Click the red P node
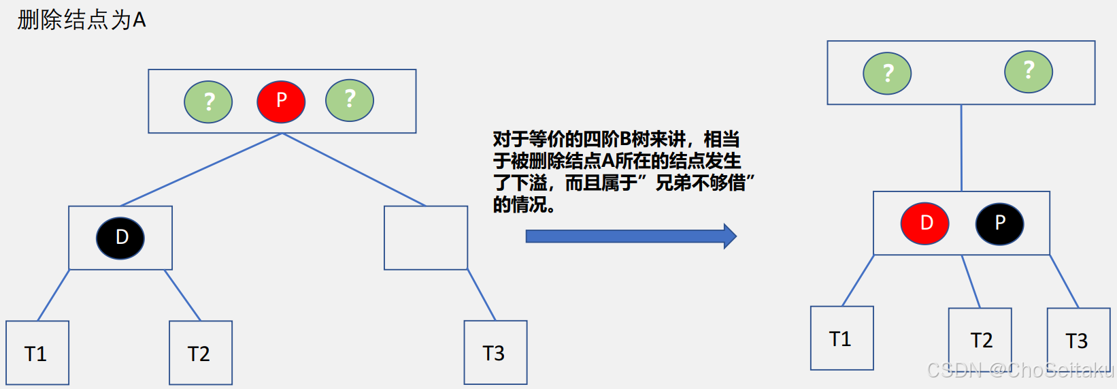tap(281, 101)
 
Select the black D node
tap(120, 238)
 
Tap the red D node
tap(924, 223)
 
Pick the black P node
tap(999, 223)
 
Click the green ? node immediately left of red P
tap(208, 102)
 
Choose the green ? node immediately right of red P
tap(350, 100)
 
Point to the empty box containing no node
tap(426, 238)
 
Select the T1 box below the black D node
tap(37, 353)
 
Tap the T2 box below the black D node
tap(201, 353)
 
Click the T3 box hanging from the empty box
tap(495, 352)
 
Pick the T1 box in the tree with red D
tap(841, 338)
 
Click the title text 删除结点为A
tap(82, 20)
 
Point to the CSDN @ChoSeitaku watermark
tap(1020, 370)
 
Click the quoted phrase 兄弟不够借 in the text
tap(700, 183)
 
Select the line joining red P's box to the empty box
tap(354, 170)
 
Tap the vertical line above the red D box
tap(961, 147)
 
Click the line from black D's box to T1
tap(54, 295)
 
